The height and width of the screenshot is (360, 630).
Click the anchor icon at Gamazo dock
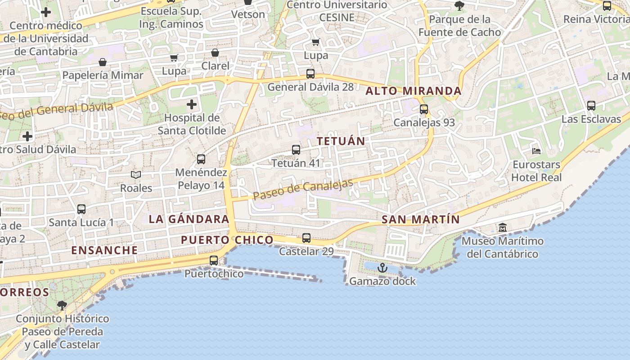(x=382, y=268)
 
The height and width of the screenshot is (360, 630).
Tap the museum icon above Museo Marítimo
(x=503, y=228)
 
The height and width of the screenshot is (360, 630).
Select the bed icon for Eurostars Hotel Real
(x=536, y=151)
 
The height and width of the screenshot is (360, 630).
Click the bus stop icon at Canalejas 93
(x=423, y=109)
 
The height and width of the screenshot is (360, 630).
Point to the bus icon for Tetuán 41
(x=296, y=150)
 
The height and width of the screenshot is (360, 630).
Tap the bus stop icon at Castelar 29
(x=306, y=238)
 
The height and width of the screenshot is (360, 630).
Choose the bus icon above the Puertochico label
(x=214, y=261)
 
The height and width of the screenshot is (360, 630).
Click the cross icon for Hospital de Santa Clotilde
(x=192, y=105)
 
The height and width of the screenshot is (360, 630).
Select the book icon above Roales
(x=136, y=175)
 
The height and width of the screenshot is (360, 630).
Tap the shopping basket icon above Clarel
(x=215, y=53)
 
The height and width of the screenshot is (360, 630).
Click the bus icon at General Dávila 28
(x=310, y=74)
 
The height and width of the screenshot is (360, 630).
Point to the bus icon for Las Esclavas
(x=591, y=106)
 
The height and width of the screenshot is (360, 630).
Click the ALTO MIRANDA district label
(x=413, y=91)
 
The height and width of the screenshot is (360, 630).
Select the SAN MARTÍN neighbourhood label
(x=420, y=220)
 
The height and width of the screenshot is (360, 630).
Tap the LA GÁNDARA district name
(x=189, y=219)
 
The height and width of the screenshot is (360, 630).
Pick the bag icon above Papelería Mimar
(x=103, y=62)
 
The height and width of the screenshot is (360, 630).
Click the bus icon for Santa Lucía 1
(x=81, y=209)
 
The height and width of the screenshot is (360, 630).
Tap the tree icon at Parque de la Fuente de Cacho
(x=459, y=6)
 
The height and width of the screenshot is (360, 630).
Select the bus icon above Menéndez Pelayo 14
(x=201, y=159)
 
